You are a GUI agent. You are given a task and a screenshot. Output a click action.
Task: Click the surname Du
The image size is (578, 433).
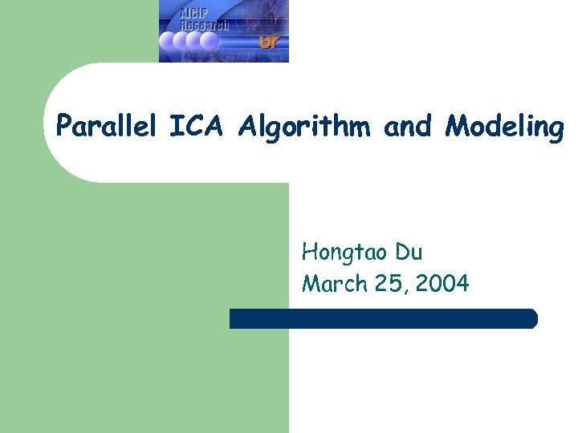409,253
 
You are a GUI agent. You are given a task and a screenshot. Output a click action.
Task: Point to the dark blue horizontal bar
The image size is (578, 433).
383,318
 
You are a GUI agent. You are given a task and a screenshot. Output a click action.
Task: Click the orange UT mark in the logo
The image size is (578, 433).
269,41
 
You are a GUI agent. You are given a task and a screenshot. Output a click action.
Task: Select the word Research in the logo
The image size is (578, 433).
204,25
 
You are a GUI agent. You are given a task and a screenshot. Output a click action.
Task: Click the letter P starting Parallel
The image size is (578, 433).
64,126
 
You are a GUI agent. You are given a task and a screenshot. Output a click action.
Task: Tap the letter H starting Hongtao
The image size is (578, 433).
310,253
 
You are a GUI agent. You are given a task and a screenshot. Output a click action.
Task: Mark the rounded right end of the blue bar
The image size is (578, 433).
532,318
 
